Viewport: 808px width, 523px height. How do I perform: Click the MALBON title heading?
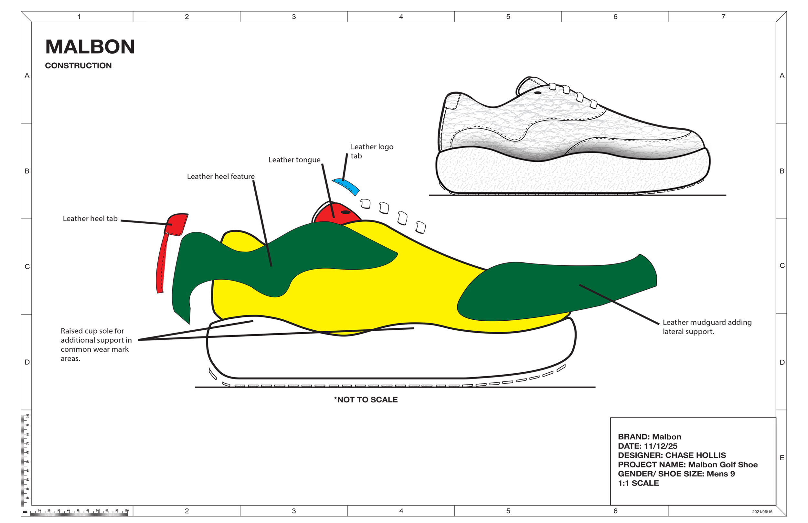pos(90,47)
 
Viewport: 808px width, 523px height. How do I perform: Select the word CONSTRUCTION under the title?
pos(78,66)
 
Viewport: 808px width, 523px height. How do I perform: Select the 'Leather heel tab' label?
pos(90,219)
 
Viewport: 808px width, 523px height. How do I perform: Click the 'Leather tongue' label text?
pos(294,160)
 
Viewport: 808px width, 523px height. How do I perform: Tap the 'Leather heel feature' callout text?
pos(221,176)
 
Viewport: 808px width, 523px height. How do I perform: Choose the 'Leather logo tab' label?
pos(372,152)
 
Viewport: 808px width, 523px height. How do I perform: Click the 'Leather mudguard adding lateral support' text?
pos(707,327)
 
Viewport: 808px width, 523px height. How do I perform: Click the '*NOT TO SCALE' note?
pos(366,400)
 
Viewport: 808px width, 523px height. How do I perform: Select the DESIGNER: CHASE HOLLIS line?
pos(672,455)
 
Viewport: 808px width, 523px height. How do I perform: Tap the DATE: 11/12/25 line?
pos(647,446)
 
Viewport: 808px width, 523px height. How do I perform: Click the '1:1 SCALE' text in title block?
pos(638,483)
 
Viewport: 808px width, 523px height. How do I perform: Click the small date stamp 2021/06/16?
pos(762,511)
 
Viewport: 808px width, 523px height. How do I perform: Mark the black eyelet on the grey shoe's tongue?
pos(538,93)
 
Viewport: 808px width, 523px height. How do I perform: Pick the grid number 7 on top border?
pos(723,16)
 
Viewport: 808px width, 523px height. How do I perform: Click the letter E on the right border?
pos(782,458)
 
